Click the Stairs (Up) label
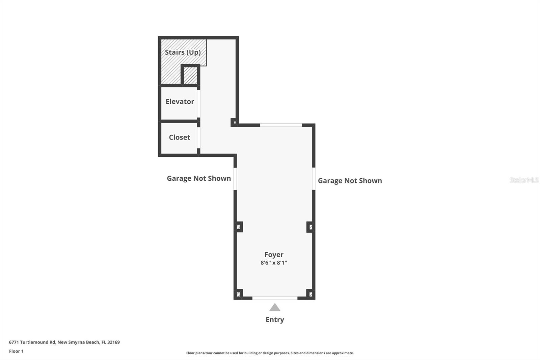click(183, 52)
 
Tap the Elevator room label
click(180, 102)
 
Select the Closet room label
click(179, 137)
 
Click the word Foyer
click(274, 255)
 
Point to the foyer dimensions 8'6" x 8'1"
click(274, 263)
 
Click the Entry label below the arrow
click(275, 319)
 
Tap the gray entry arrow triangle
click(275, 308)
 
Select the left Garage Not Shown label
click(199, 178)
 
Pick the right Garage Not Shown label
click(350, 181)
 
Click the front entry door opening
click(275, 298)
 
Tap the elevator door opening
click(198, 103)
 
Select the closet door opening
click(198, 137)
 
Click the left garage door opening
click(235, 179)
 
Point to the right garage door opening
click(314, 179)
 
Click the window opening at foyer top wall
click(281, 125)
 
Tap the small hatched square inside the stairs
click(190, 75)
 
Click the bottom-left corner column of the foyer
click(238, 294)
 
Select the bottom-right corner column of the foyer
click(310, 294)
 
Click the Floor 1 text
click(16, 351)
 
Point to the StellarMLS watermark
click(524, 180)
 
